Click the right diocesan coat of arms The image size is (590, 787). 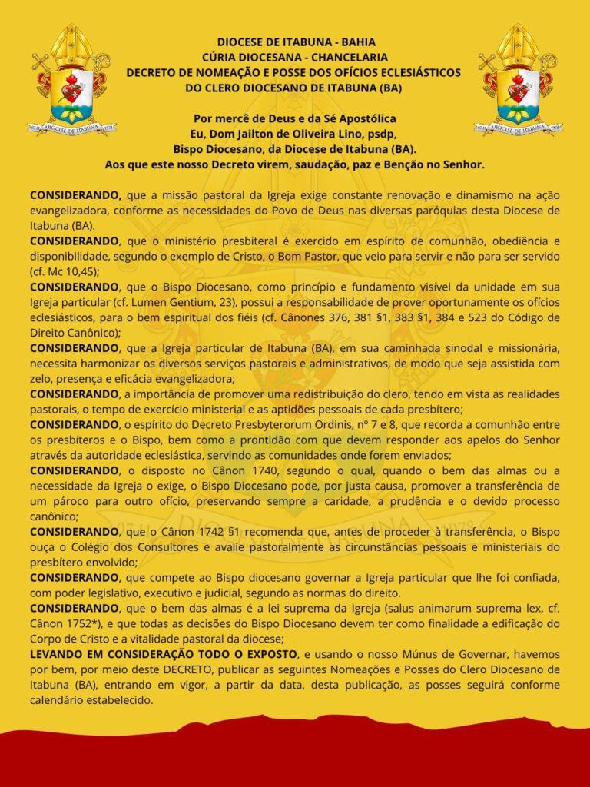tap(519, 80)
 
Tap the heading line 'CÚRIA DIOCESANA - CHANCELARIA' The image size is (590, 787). tap(294, 57)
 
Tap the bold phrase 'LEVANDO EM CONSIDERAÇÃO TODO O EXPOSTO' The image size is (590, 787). tap(164, 653)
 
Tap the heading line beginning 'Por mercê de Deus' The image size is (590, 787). tap(295, 118)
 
